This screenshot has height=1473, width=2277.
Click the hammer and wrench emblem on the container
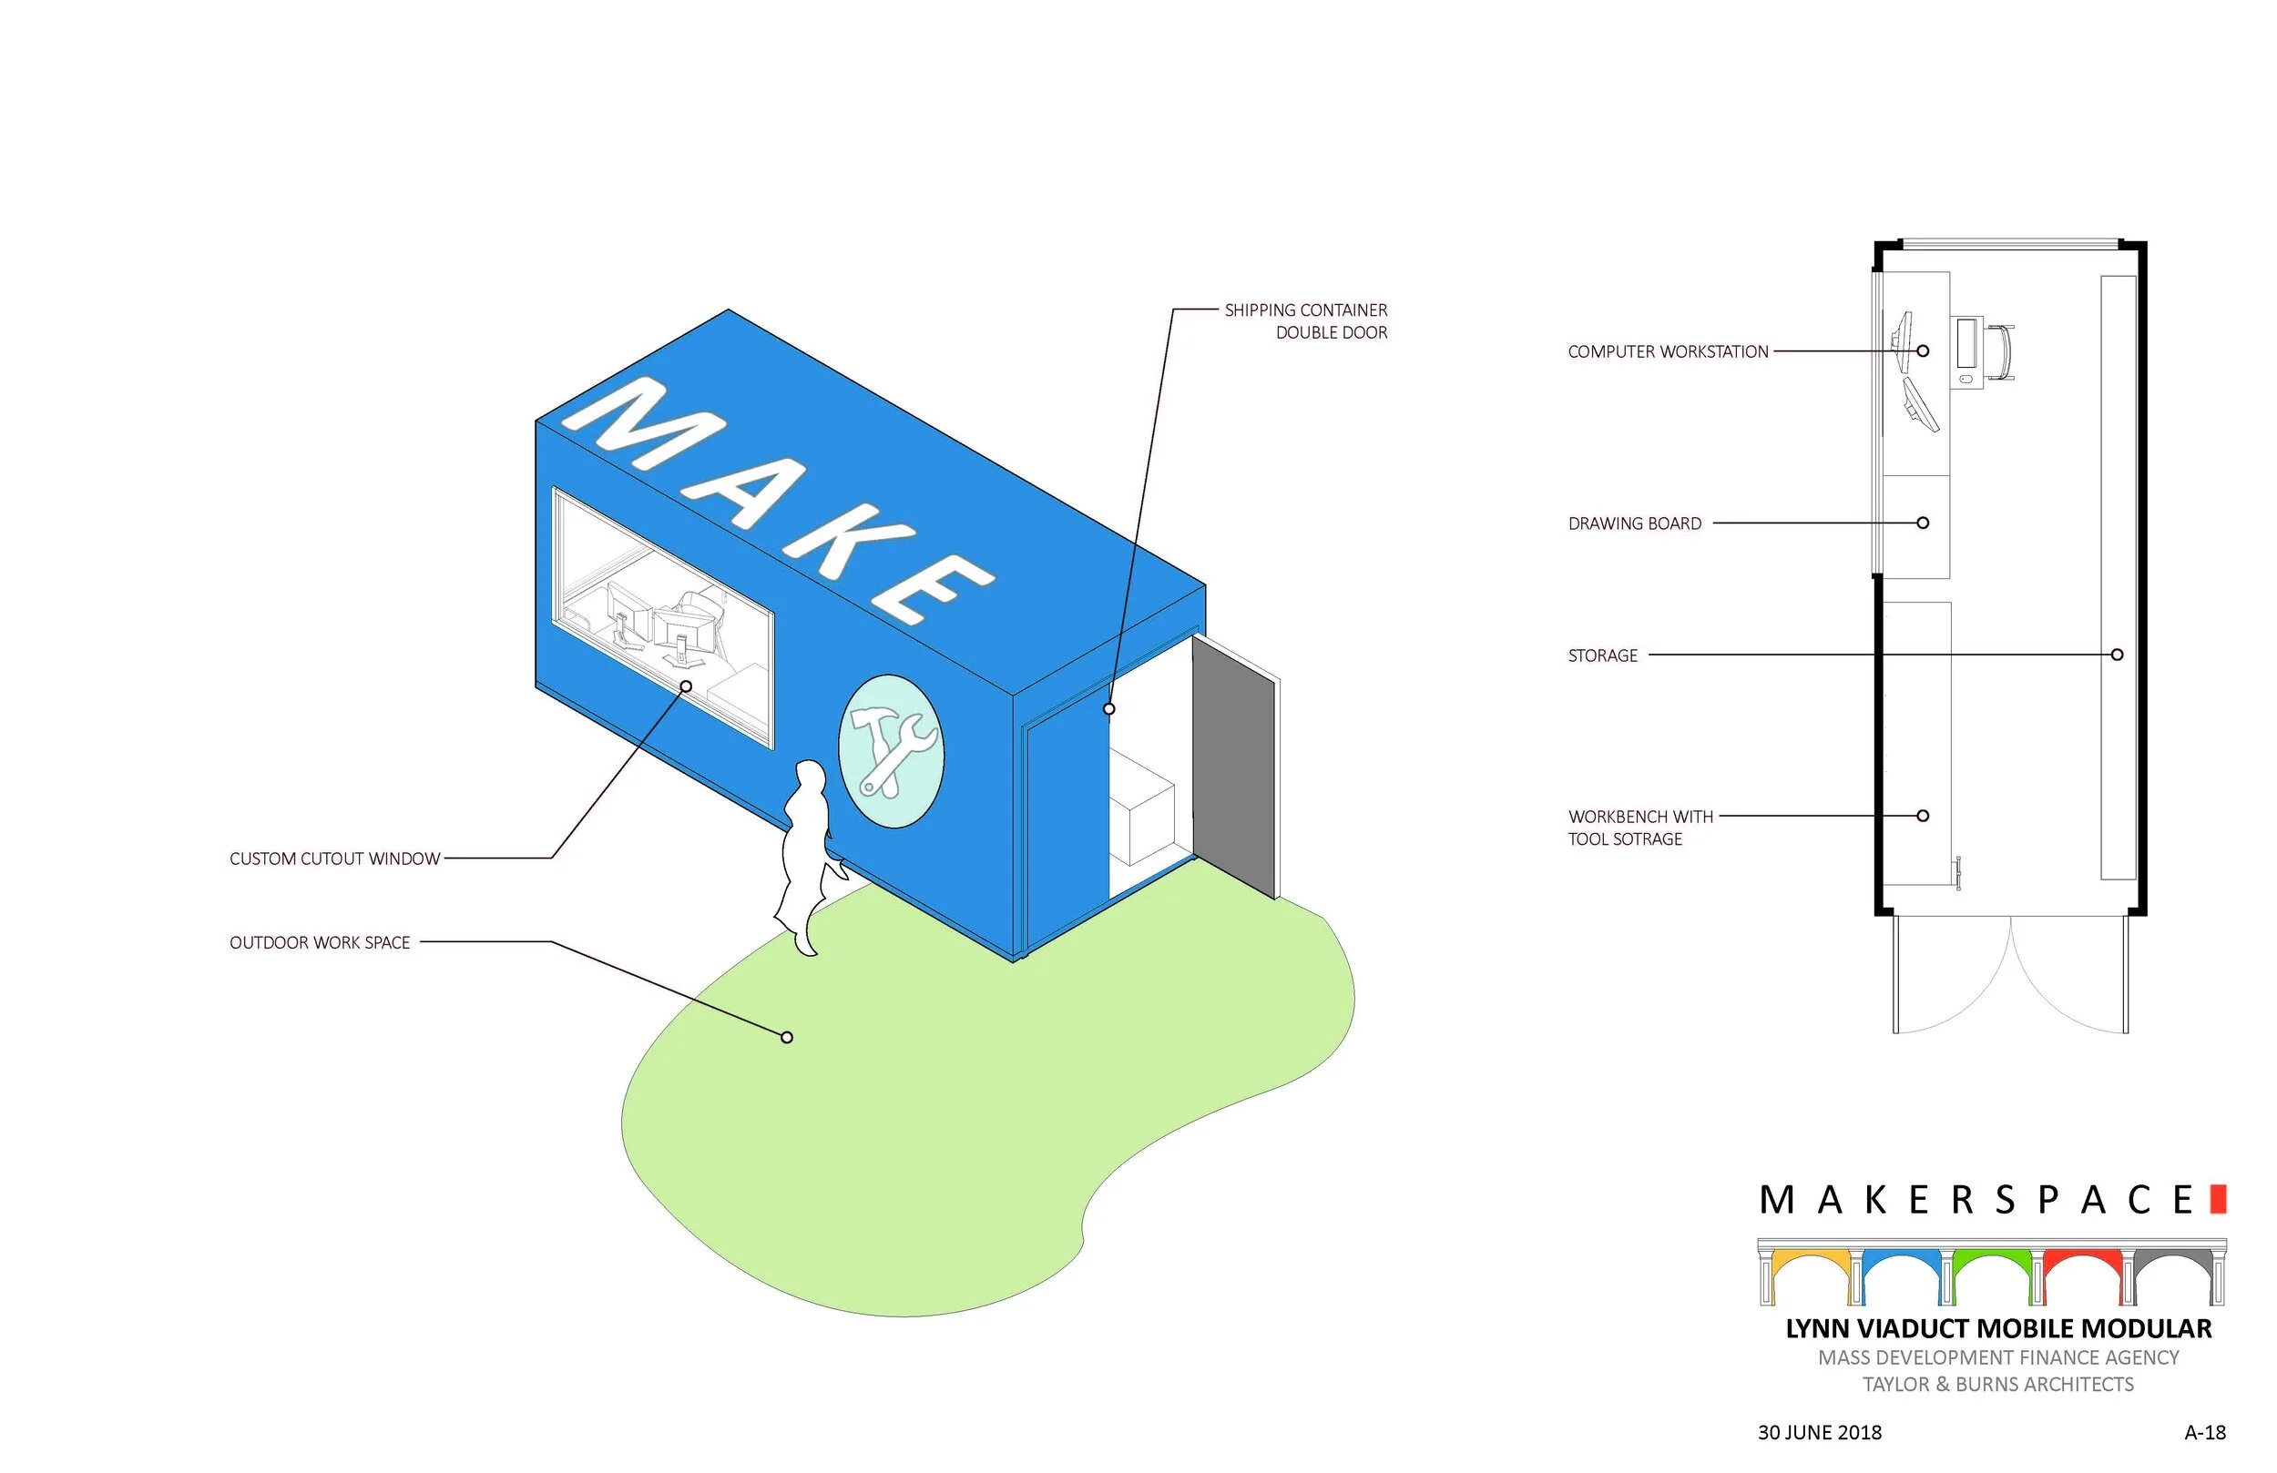tap(891, 752)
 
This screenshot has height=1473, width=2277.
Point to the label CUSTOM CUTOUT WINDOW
tap(335, 858)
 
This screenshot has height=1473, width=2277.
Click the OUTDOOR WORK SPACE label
tap(320, 943)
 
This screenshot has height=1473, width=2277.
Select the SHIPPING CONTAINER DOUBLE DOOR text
tap(1306, 321)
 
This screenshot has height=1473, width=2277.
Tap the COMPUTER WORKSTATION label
tap(1668, 352)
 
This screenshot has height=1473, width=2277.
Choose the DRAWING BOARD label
tap(1634, 524)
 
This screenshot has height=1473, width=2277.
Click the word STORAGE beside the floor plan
tap(1602, 656)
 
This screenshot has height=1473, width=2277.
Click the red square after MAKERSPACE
tap(2219, 1200)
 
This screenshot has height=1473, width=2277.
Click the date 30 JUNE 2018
tap(1819, 1433)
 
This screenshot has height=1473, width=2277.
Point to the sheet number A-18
tap(2204, 1433)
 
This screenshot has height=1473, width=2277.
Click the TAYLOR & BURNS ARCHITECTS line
tap(1997, 1385)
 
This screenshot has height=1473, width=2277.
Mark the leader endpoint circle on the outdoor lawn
tap(786, 1038)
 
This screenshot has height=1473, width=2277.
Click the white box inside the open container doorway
tap(1141, 808)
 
